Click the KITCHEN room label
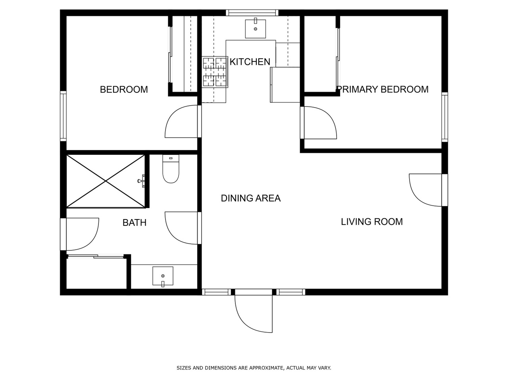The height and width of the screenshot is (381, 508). coord(250,62)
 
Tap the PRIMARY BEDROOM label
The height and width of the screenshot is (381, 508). coord(383,89)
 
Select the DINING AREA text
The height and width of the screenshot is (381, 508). coord(250,198)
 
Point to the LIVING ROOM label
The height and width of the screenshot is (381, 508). coord(371,221)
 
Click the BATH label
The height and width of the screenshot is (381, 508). coord(134,223)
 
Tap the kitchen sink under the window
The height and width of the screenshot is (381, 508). coord(255,28)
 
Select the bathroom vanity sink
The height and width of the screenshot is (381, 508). coord(163,276)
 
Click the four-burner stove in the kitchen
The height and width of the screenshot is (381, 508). coord(215,72)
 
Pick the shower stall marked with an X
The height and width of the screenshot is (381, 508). coord(106,181)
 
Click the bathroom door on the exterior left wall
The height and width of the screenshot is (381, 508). coord(81,234)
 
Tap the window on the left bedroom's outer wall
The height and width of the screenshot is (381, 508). coord(63,115)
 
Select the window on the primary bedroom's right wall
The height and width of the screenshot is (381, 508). coord(444,117)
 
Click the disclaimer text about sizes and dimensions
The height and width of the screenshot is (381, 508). coord(254,368)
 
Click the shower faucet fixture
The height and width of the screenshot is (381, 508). coord(142,181)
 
